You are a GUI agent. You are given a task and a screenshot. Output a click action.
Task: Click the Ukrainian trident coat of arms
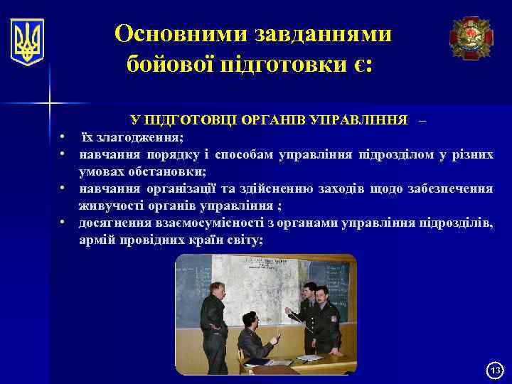tap(28, 42)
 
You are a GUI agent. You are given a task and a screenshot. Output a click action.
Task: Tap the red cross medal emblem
tap(470, 38)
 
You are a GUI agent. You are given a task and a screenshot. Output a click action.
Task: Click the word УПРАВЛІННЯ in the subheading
tap(362, 119)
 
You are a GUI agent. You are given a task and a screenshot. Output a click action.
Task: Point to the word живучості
tap(110, 206)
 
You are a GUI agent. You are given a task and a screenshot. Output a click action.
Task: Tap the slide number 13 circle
tap(496, 370)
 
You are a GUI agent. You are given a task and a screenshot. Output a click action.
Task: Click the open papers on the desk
tap(310, 358)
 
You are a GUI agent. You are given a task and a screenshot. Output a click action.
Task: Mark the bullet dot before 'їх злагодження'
tap(63, 137)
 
